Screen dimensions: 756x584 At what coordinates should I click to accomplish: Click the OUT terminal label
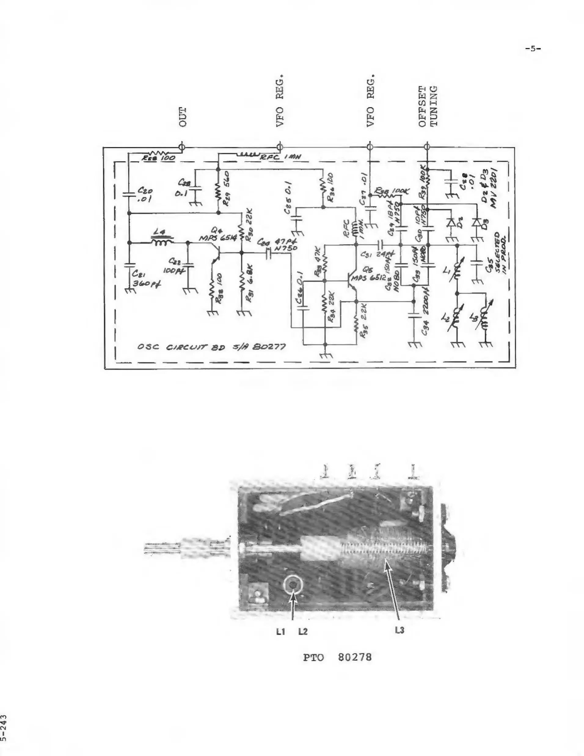[183, 117]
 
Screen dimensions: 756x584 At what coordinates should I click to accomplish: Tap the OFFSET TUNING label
[428, 106]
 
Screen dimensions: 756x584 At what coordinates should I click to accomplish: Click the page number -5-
[533, 49]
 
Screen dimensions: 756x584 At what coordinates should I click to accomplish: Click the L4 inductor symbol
[162, 242]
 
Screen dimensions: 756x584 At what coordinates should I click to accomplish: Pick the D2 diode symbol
[451, 222]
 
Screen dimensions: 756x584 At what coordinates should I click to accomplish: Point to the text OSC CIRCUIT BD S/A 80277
[211, 347]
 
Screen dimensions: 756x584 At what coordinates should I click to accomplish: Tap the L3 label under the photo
[399, 630]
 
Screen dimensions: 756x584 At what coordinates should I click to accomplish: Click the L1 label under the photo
[280, 632]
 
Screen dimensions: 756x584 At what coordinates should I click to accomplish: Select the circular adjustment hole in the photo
[293, 585]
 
